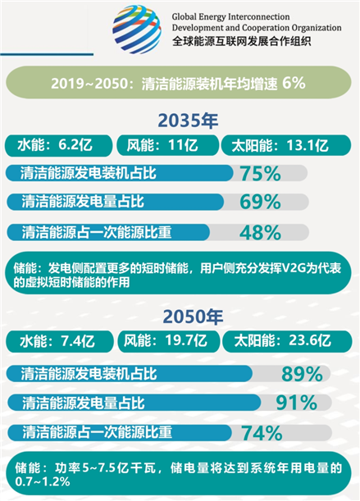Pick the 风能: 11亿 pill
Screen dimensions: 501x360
click(166, 146)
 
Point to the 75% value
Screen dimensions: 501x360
click(260, 173)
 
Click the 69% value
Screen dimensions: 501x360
click(260, 202)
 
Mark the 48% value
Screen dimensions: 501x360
click(260, 232)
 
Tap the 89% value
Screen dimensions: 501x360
click(302, 374)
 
